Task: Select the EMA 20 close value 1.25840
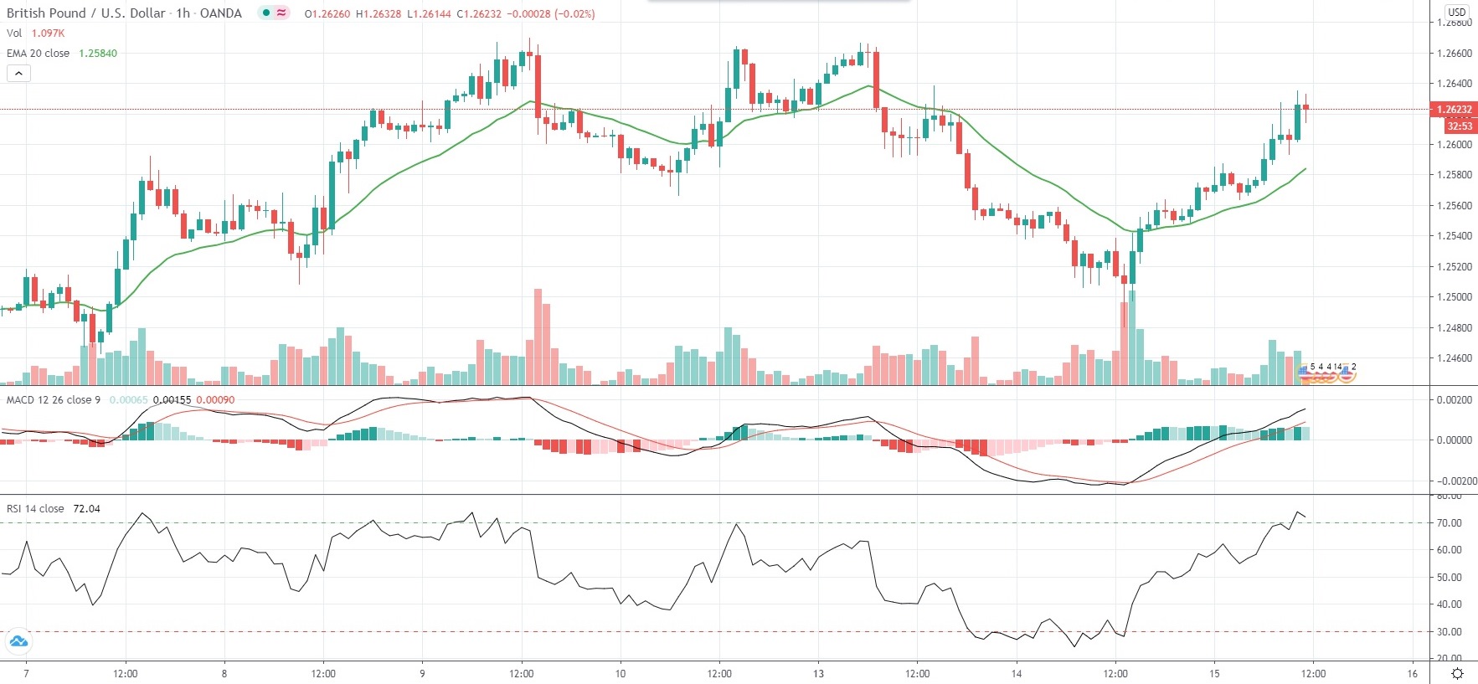(x=98, y=54)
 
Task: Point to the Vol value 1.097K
(x=48, y=33)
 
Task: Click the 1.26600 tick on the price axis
(x=1454, y=54)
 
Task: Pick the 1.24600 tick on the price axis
(x=1454, y=358)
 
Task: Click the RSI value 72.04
(x=86, y=509)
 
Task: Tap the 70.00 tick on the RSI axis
(x=1450, y=523)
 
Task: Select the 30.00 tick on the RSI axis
(x=1450, y=632)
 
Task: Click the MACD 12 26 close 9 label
(x=54, y=400)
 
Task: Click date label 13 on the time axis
(x=818, y=674)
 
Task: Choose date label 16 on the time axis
(x=1412, y=674)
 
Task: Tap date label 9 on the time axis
(x=422, y=674)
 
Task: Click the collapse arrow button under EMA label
(x=18, y=74)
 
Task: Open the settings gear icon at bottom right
(x=1457, y=674)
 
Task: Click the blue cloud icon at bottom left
(x=18, y=642)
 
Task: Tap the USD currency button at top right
(x=1457, y=12)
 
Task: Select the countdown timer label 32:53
(x=1459, y=126)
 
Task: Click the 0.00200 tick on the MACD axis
(x=1453, y=400)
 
